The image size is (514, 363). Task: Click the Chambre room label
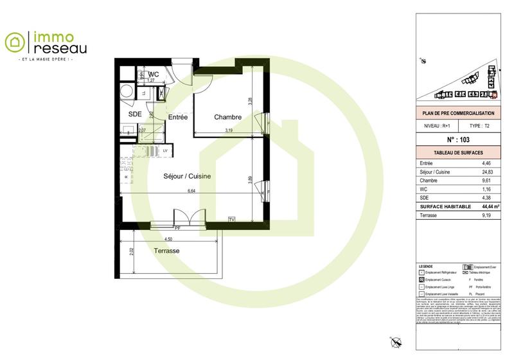[228, 117]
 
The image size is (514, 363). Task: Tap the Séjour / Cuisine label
[188, 175]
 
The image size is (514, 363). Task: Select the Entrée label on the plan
[178, 117]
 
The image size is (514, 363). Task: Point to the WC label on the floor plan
[154, 75]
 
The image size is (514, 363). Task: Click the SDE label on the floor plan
[135, 114]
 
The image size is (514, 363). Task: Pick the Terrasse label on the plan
[166, 251]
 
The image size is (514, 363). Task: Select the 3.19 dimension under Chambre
[229, 131]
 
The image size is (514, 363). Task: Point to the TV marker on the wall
[231, 220]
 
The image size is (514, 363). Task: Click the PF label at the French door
[178, 227]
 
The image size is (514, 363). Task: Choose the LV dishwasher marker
[165, 151]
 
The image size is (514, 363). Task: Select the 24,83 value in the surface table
[490, 172]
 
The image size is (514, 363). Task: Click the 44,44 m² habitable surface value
[490, 206]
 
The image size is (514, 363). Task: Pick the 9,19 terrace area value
[490, 215]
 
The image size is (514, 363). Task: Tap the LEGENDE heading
[425, 266]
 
